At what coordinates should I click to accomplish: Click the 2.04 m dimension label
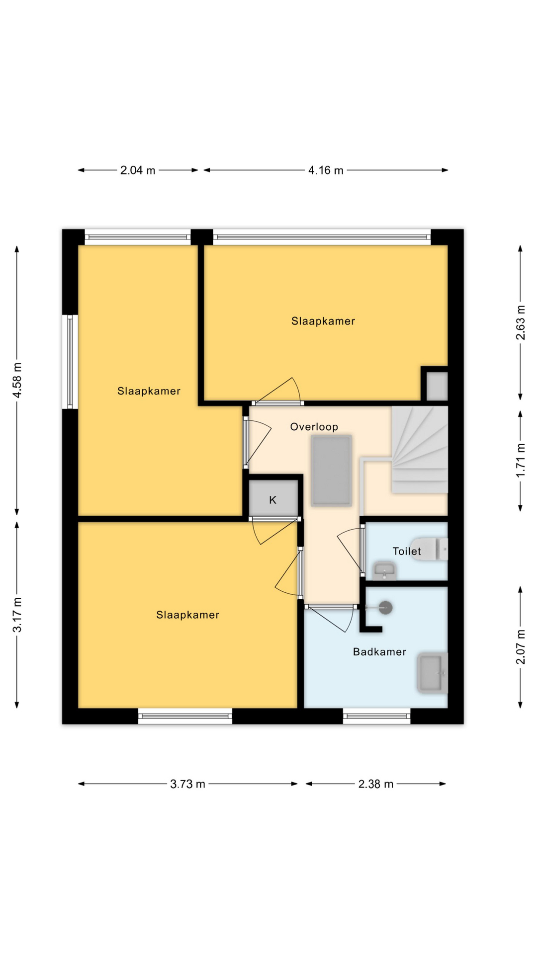pos(138,170)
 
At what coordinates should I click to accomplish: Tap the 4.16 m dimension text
pos(326,170)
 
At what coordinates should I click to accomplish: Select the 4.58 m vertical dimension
pos(17,380)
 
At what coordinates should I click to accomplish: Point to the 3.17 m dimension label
pos(17,615)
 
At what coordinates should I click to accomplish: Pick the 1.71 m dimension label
pos(521,460)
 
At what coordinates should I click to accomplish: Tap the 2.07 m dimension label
pos(521,646)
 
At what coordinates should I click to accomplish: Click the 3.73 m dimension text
pos(187,784)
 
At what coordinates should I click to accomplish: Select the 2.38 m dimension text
pos(376,784)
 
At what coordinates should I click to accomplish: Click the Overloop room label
pos(314,427)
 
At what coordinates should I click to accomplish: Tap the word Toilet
pos(407,551)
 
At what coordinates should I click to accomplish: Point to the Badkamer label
pos(380,652)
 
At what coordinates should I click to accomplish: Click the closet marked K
pos(273,499)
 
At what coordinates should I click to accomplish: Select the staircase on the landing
pos(420,450)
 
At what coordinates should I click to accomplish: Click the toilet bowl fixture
pos(430,549)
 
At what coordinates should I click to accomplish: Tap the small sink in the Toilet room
pos(385,571)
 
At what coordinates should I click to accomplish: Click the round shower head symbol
pos(385,607)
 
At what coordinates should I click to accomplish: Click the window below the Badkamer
pos(377,716)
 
